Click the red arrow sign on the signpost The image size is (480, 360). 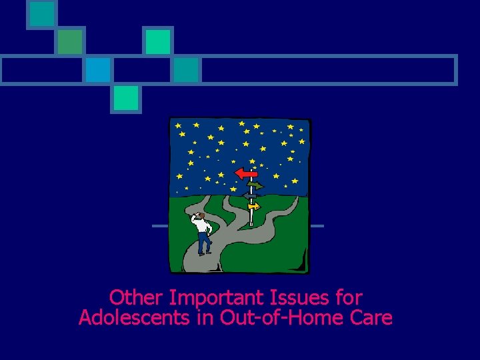246,173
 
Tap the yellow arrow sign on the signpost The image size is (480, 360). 253,207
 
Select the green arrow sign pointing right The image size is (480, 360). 255,186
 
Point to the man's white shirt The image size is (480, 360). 203,227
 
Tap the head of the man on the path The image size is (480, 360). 199,216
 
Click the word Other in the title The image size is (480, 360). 136,297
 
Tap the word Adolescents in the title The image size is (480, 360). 135,318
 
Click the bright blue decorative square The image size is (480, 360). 97,69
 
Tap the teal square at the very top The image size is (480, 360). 42,14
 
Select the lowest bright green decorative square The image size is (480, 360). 125,98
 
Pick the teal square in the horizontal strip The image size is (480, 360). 186,69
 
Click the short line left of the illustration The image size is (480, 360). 160,226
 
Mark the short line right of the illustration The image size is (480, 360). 317,226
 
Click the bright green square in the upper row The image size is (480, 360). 158,41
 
